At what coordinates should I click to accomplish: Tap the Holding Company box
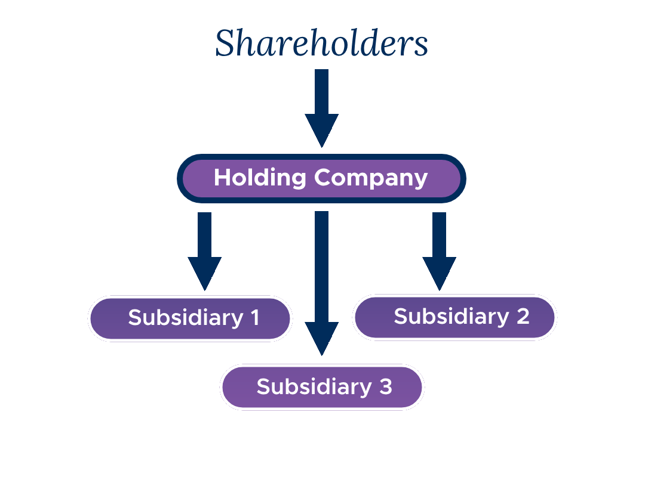coord(321,178)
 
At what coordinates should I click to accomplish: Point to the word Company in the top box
coord(371,178)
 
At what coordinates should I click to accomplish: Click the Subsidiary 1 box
coord(190,318)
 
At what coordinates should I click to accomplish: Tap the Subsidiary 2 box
coord(454,317)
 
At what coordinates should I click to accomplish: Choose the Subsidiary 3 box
coord(322,387)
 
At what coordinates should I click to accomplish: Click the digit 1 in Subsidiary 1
coord(254,318)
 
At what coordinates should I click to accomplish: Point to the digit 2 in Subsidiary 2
coord(523,317)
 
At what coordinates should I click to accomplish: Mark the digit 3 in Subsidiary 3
coord(385,387)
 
